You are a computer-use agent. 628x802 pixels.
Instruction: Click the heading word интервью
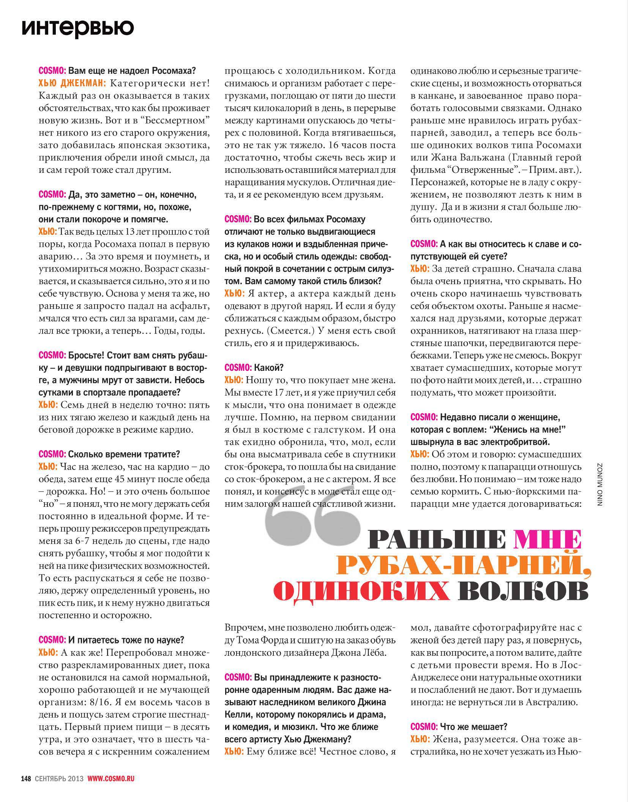[x=78, y=27]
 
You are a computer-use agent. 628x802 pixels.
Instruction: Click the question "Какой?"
[x=269, y=367]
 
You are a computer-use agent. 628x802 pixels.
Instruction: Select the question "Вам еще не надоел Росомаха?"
[x=132, y=71]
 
